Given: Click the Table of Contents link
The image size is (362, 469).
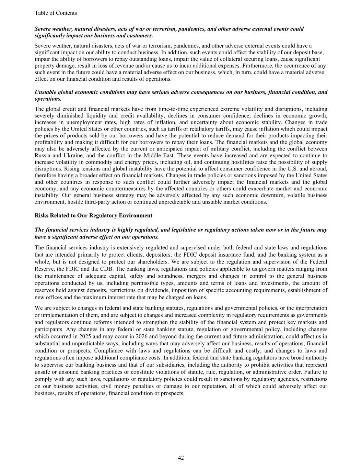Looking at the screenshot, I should pos(56,13).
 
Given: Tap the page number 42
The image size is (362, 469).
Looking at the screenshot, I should pos(181,458).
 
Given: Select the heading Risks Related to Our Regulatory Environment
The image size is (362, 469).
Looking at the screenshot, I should pos(93,215).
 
